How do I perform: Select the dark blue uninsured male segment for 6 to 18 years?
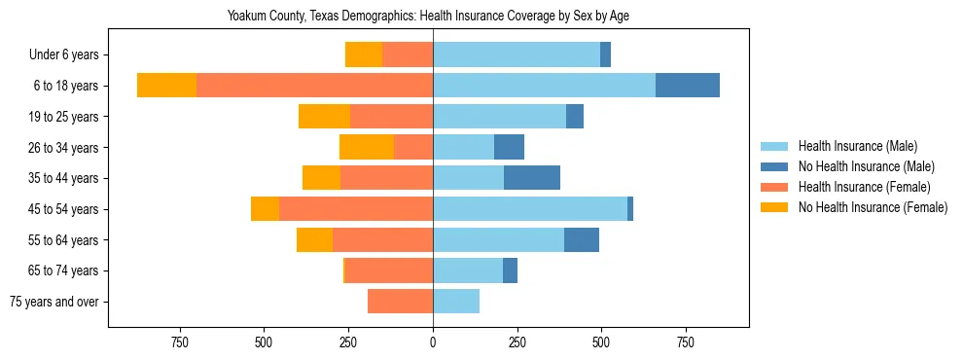tap(687, 86)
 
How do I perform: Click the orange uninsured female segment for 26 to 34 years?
tap(367, 147)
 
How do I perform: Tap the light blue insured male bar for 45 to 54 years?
tap(530, 208)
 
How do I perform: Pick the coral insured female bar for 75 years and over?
tap(400, 302)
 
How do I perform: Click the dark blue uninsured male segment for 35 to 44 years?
tap(531, 178)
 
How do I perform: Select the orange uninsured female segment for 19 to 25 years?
tap(324, 117)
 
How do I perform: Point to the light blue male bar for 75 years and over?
tap(456, 302)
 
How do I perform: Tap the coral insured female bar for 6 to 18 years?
tap(314, 86)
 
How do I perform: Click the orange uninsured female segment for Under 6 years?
tap(364, 55)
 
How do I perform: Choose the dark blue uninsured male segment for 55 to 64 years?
tap(581, 239)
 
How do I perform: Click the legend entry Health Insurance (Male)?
tap(857, 147)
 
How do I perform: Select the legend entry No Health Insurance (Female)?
tap(873, 207)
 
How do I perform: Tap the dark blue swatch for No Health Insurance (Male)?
tap(774, 167)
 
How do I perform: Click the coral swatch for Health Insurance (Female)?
tap(774, 187)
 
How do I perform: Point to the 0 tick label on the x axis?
tap(433, 342)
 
